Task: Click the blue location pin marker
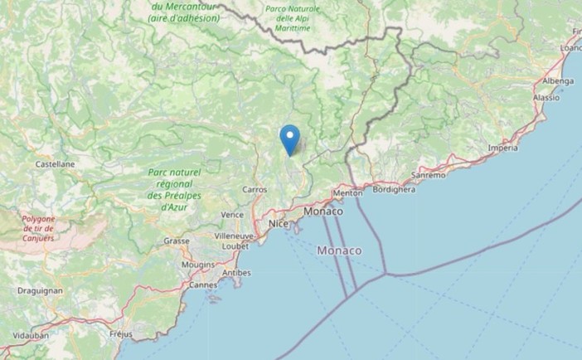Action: click(x=289, y=138)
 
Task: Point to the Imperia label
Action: click(x=503, y=148)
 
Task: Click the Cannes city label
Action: click(x=203, y=285)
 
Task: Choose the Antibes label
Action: click(x=237, y=273)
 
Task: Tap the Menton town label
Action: click(x=347, y=193)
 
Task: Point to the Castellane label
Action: click(x=56, y=164)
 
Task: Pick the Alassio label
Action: click(x=546, y=97)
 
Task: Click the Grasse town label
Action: click(x=176, y=241)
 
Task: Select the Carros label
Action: click(x=255, y=189)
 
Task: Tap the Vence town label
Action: click(x=232, y=214)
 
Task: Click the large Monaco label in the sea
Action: click(x=339, y=251)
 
